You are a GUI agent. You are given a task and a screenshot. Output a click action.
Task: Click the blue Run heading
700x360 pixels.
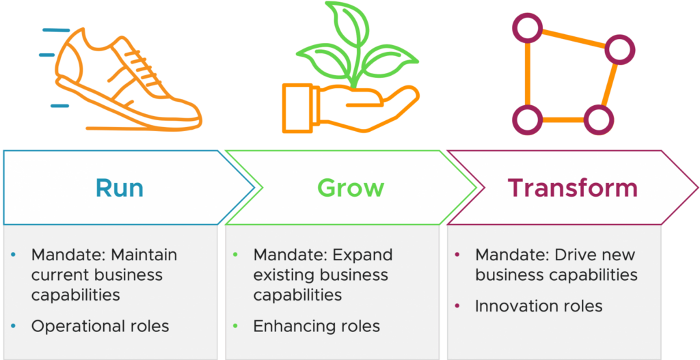120,188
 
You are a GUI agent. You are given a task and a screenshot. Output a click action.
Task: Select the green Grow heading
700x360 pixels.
350,188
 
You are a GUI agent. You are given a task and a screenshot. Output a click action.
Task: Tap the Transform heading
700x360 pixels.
572,188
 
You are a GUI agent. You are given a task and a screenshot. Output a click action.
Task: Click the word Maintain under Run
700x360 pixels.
144,255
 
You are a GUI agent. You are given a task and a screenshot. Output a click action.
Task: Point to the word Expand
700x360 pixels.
362,255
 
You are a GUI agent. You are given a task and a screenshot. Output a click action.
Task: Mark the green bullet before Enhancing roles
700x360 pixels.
236,327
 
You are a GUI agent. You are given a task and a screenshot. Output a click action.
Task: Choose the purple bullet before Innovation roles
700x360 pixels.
457,306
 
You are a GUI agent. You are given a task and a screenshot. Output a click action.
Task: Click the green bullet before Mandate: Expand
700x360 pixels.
236,255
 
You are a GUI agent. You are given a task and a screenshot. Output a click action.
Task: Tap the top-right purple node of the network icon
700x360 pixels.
619,49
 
